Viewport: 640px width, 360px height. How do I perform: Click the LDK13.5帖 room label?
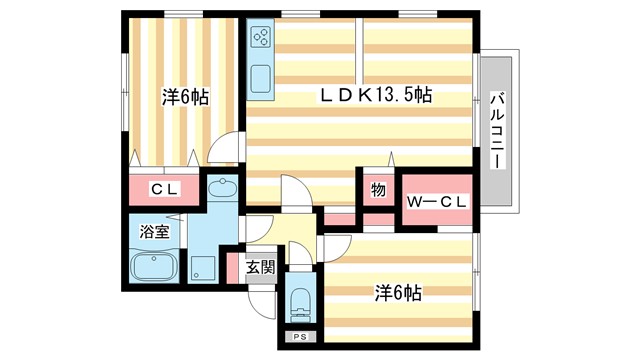[375, 95]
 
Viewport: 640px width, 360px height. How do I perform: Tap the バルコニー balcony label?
[497, 129]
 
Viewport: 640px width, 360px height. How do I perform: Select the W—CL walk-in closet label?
[435, 201]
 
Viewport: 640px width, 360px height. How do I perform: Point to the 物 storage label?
[378, 190]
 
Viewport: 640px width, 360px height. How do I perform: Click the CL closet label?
[165, 189]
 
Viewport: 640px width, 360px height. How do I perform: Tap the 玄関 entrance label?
[260, 267]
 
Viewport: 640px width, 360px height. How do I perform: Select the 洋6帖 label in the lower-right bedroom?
[397, 293]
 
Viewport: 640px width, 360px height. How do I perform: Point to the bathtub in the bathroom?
[153, 268]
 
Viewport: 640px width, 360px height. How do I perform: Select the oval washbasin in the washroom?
[223, 189]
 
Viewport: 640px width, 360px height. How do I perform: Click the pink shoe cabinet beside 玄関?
[233, 267]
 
